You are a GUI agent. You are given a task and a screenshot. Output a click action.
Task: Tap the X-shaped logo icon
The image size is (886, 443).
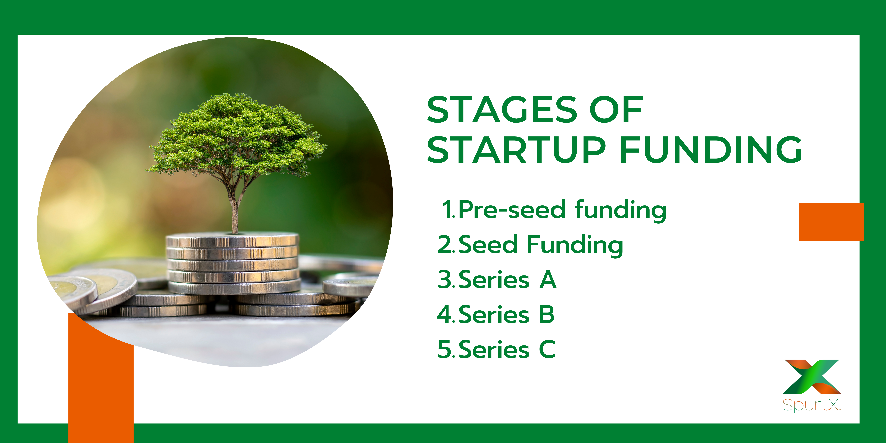tap(812, 377)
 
